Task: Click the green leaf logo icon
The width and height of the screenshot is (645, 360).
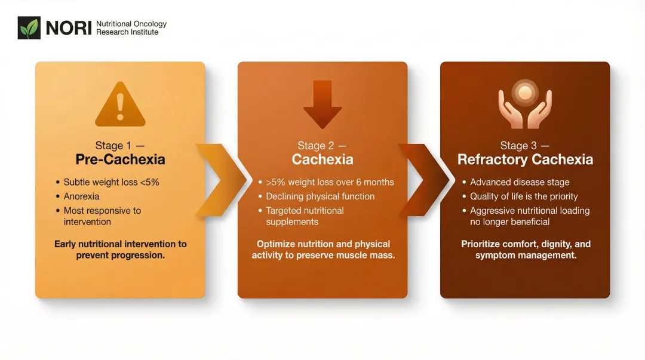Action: (x=29, y=28)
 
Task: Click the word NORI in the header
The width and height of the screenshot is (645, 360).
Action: (x=69, y=28)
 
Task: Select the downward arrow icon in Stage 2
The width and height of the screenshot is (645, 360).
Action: (x=322, y=104)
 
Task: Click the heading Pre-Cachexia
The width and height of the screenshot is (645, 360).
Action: (x=120, y=159)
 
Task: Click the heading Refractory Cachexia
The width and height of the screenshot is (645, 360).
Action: (x=525, y=159)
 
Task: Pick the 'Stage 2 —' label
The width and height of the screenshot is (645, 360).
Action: (x=322, y=146)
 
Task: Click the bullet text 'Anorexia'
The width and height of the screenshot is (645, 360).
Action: (x=82, y=196)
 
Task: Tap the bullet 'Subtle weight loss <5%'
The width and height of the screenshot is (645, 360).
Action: (x=111, y=182)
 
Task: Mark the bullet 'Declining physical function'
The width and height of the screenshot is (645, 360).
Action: (x=320, y=196)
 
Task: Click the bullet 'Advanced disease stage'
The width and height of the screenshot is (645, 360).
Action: (x=520, y=182)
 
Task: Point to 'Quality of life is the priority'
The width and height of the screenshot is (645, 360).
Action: (x=524, y=196)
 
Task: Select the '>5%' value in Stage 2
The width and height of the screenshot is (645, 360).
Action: (x=276, y=182)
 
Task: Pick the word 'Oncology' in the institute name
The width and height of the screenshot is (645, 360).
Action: (x=150, y=24)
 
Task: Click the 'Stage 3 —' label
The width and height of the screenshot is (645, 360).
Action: (x=524, y=146)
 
